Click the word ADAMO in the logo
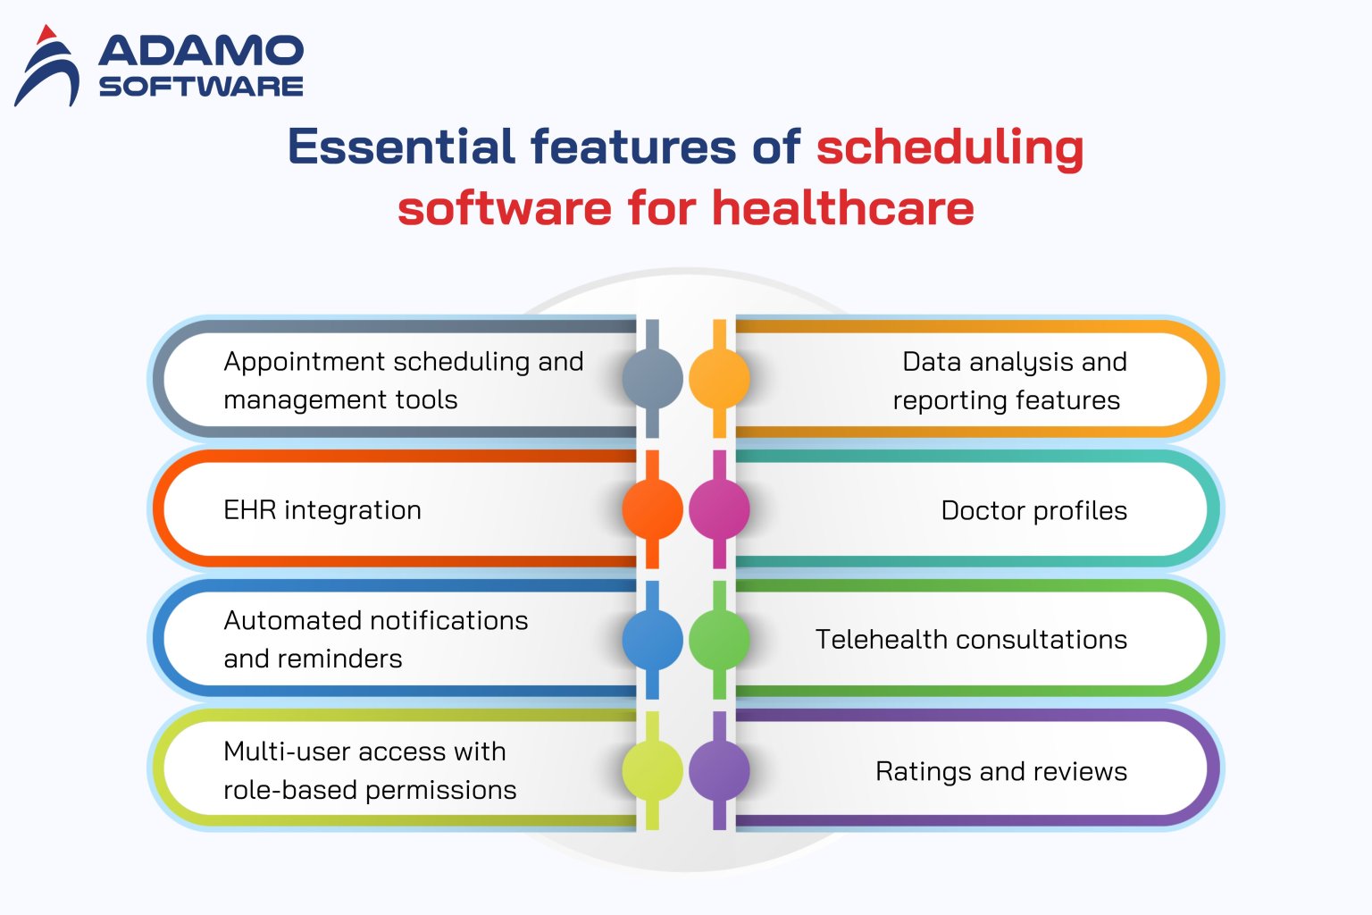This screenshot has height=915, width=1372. pyautogui.click(x=201, y=52)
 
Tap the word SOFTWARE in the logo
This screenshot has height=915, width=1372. pyautogui.click(x=201, y=87)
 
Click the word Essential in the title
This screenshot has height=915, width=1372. pyautogui.click(x=401, y=147)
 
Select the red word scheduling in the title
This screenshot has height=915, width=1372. pyautogui.click(x=950, y=148)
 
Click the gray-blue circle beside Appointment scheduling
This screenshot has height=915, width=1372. pyautogui.click(x=652, y=378)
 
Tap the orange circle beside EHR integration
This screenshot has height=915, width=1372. pyautogui.click(x=652, y=508)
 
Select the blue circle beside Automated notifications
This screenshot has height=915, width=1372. pyautogui.click(x=652, y=640)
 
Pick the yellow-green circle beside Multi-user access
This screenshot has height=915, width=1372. pyautogui.click(x=652, y=770)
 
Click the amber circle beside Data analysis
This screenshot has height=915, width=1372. pyautogui.click(x=719, y=378)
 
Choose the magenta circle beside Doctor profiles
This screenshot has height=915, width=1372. pyautogui.click(x=719, y=508)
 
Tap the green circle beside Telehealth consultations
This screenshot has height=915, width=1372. pyautogui.click(x=719, y=640)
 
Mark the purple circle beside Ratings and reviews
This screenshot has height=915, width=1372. pyautogui.click(x=719, y=770)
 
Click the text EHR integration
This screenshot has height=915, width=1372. pyautogui.click(x=322, y=510)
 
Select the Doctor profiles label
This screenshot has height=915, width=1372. pyautogui.click(x=1033, y=510)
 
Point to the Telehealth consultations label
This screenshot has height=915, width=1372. pyautogui.click(x=971, y=640)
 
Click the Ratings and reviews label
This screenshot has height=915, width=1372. pyautogui.click(x=1000, y=771)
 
